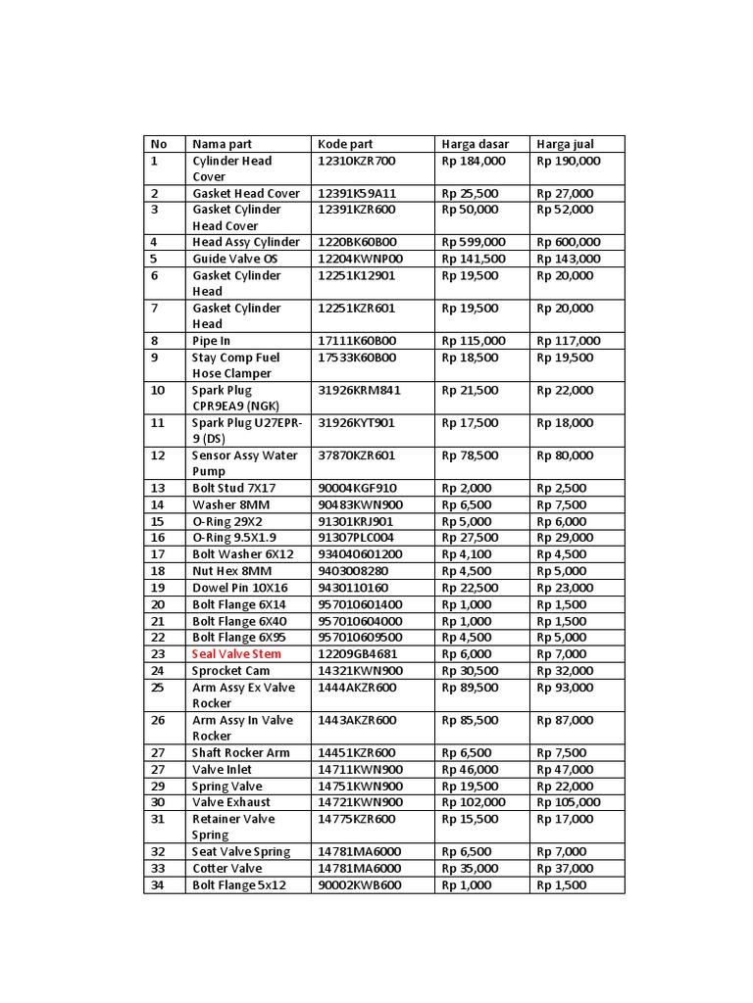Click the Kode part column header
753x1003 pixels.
pyautogui.click(x=345, y=144)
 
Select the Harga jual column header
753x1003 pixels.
pyautogui.click(x=566, y=144)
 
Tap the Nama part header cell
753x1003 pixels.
pyautogui.click(x=222, y=144)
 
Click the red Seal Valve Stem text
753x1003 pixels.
pyautogui.click(x=236, y=653)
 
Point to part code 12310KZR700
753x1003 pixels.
pyautogui.click(x=357, y=161)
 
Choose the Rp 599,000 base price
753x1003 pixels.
pyautogui.click(x=474, y=242)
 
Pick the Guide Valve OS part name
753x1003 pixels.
pyautogui.click(x=235, y=259)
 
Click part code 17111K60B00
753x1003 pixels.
pyautogui.click(x=357, y=341)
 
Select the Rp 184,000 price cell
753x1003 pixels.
pyautogui.click(x=474, y=161)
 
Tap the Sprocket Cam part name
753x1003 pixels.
pyautogui.click(x=230, y=671)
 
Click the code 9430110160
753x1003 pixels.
pyautogui.click(x=352, y=588)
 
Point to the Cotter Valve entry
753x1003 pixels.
pyautogui.click(x=226, y=868)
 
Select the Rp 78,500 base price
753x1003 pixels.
pyautogui.click(x=470, y=455)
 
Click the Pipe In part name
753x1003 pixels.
pyautogui.click(x=212, y=341)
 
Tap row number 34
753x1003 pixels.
pyautogui.click(x=159, y=884)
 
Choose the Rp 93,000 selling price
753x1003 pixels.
pyautogui.click(x=566, y=688)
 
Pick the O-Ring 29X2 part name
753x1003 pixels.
pyautogui.click(x=227, y=521)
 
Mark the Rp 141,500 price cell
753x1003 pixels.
pyautogui.click(x=474, y=259)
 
